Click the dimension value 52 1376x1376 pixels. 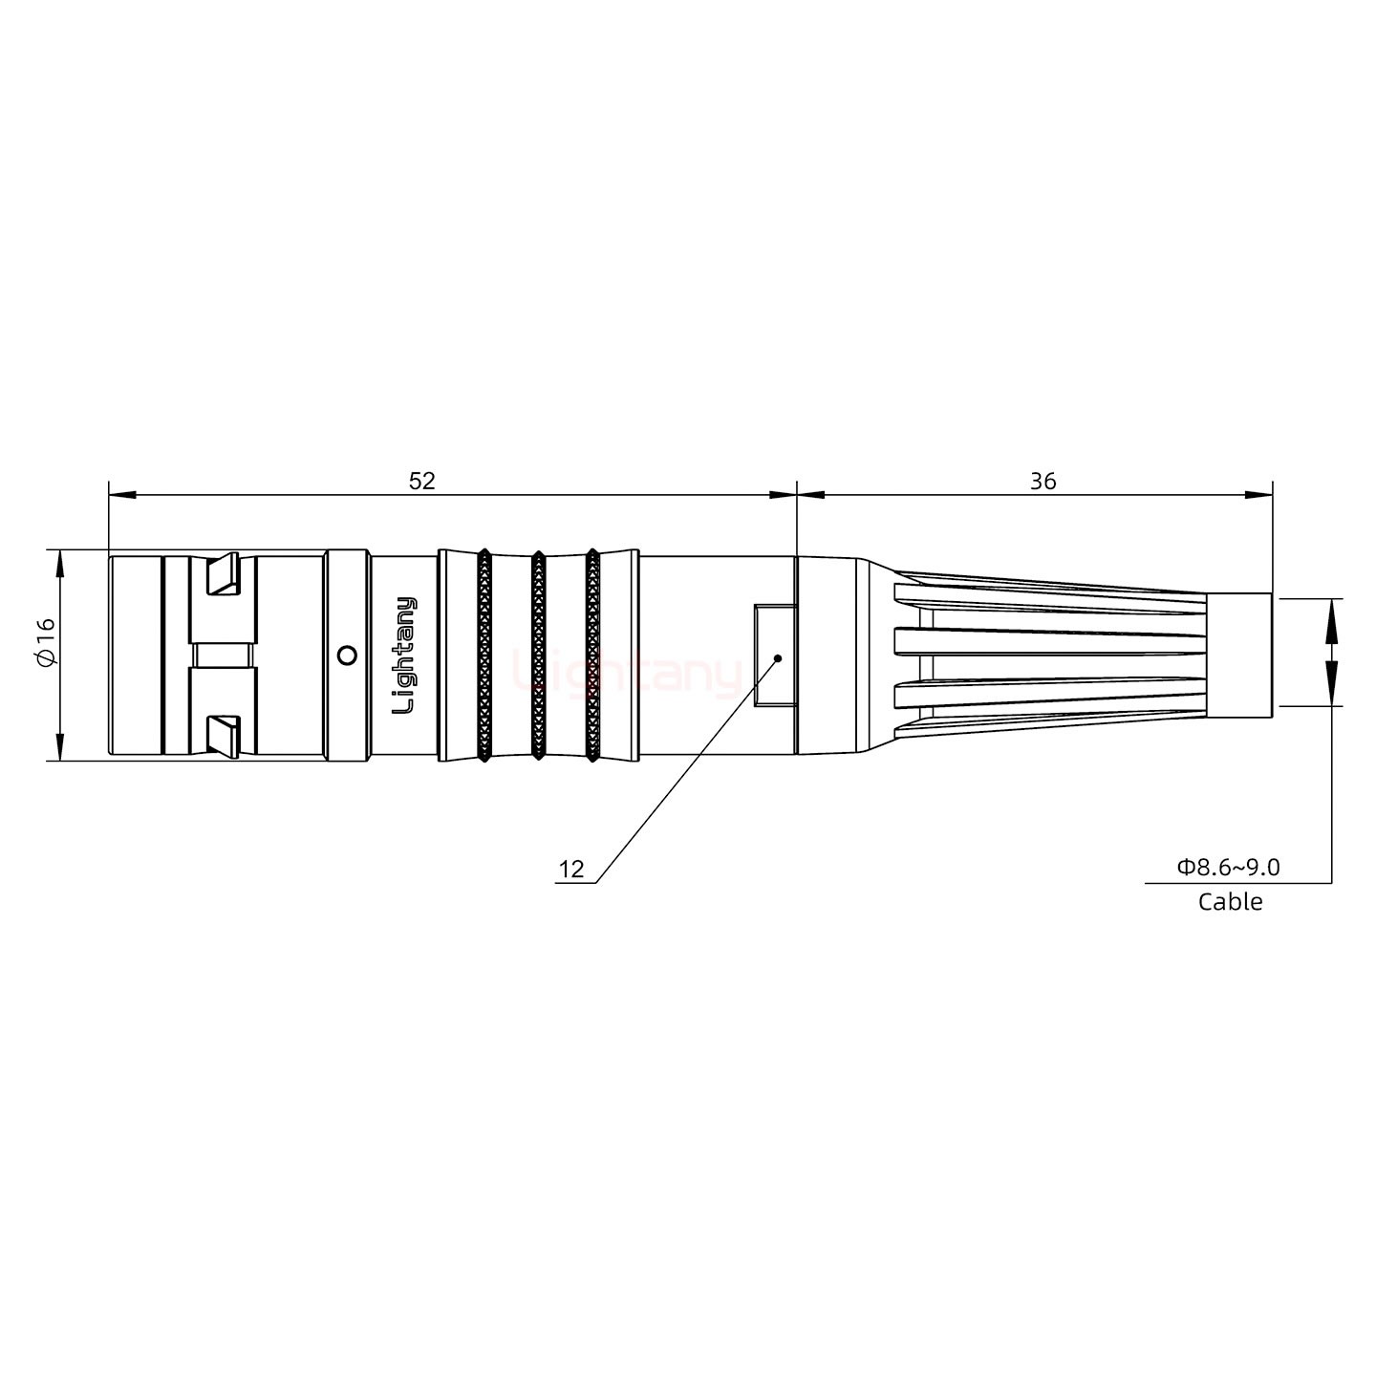[x=421, y=481]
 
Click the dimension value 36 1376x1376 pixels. [x=1043, y=481]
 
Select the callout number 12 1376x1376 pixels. [x=570, y=870]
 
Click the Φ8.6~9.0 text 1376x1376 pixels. [x=1229, y=868]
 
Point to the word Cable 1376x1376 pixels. [x=1230, y=901]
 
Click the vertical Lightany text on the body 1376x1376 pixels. [x=405, y=656]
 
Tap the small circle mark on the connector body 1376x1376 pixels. [x=348, y=656]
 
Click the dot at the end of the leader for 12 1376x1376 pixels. [x=778, y=657]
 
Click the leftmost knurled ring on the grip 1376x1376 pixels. [x=484, y=656]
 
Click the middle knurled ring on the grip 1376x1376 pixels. [x=538, y=656]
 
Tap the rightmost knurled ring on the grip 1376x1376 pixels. [x=592, y=656]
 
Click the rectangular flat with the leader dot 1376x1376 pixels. [x=773, y=656]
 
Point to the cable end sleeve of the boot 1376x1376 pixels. [x=1238, y=656]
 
